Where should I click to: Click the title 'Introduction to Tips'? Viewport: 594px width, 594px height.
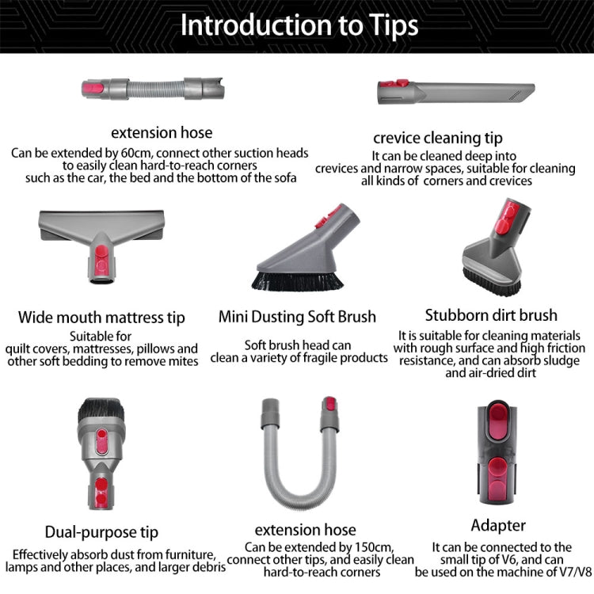pyautogui.click(x=299, y=25)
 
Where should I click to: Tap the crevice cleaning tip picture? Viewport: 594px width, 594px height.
pyautogui.click(x=455, y=92)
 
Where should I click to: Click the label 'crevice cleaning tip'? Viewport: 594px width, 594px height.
pyautogui.click(x=438, y=138)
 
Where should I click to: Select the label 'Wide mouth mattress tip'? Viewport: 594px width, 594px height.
pyautogui.click(x=101, y=318)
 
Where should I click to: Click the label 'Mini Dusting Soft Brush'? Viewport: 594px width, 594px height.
pyautogui.click(x=297, y=317)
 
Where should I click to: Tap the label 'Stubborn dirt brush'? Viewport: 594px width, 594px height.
pyautogui.click(x=491, y=315)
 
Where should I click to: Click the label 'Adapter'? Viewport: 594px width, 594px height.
pyautogui.click(x=499, y=525)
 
